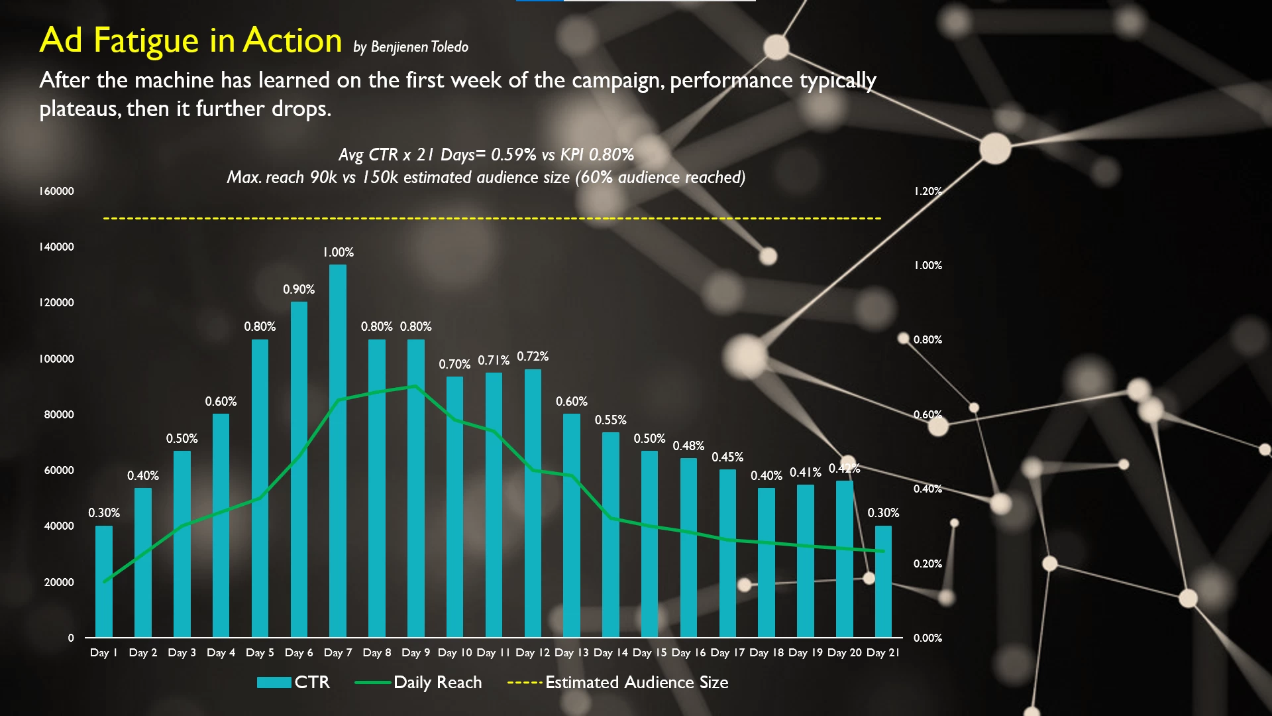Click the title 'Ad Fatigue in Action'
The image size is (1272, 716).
pyautogui.click(x=191, y=40)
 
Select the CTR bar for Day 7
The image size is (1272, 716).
pyautogui.click(x=338, y=451)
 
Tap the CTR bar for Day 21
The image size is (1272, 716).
pyautogui.click(x=883, y=581)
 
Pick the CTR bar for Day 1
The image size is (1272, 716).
pyautogui.click(x=104, y=581)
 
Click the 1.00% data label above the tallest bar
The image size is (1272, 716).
pyautogui.click(x=338, y=253)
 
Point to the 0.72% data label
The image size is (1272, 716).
pyautogui.click(x=533, y=357)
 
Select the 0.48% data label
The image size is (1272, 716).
pyautogui.click(x=688, y=446)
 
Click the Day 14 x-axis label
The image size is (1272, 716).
pyautogui.click(x=610, y=653)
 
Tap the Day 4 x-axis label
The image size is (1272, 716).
pyautogui.click(x=221, y=653)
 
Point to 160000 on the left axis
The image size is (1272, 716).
pyautogui.click(x=56, y=192)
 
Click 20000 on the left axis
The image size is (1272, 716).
pyautogui.click(x=59, y=582)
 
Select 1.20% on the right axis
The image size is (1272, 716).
pyautogui.click(x=927, y=192)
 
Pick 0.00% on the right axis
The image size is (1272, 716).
pyautogui.click(x=927, y=638)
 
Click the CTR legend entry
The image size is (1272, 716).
pyautogui.click(x=293, y=682)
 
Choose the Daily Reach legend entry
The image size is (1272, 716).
pyautogui.click(x=419, y=682)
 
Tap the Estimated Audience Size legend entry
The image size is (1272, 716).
pyautogui.click(x=617, y=682)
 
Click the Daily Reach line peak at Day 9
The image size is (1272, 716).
pyautogui.click(x=415, y=386)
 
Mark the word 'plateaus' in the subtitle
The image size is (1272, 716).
pyautogui.click(x=79, y=109)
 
